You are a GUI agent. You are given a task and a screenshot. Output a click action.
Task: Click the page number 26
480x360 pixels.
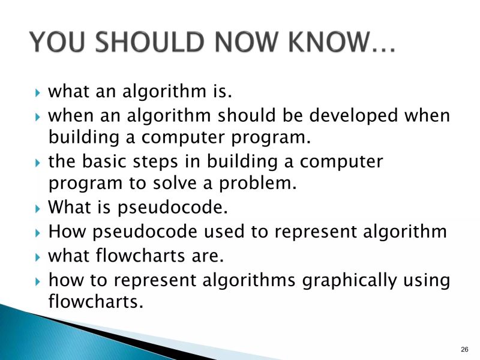click(464, 349)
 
